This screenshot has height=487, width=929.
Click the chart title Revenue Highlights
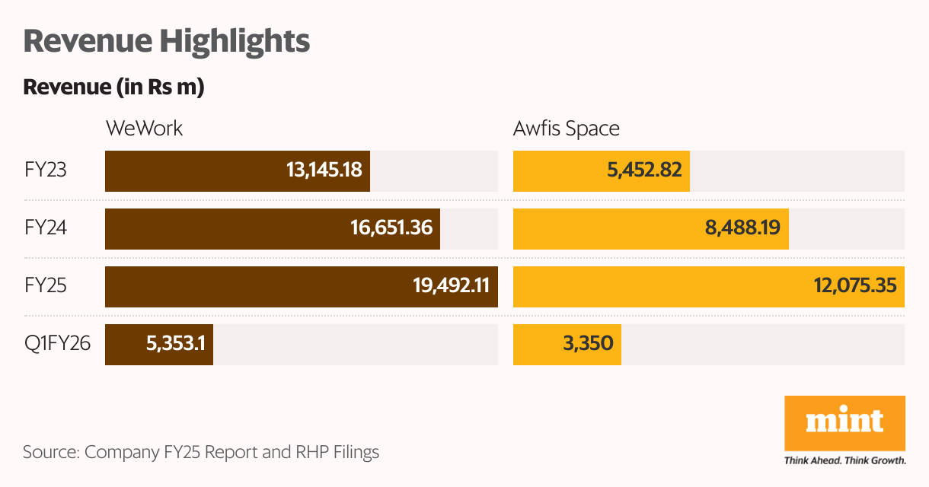(x=167, y=41)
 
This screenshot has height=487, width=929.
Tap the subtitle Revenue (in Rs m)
(x=113, y=88)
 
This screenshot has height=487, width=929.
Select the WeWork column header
(x=144, y=128)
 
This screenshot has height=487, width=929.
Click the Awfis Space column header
(x=566, y=128)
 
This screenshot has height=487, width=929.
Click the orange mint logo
(x=844, y=422)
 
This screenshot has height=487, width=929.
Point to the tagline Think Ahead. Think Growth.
(x=844, y=460)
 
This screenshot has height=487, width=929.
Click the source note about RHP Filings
(x=201, y=452)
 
